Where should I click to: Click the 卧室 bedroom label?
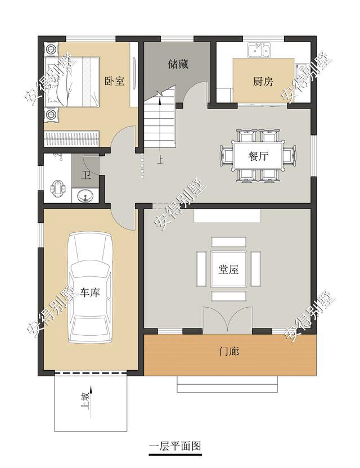(114, 81)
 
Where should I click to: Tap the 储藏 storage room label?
(178, 64)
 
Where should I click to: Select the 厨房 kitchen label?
(263, 81)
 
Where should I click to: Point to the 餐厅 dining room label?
(259, 156)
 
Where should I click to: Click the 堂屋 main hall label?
(228, 269)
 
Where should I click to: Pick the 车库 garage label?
(90, 292)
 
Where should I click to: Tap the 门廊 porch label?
(229, 352)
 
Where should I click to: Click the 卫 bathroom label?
(86, 175)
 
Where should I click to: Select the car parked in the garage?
(90, 287)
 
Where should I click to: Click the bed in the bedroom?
(72, 82)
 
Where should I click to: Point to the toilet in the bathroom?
(57, 186)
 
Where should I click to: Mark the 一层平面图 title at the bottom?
(175, 446)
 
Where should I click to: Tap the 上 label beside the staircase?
(161, 160)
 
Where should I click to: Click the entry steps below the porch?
(228, 384)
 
